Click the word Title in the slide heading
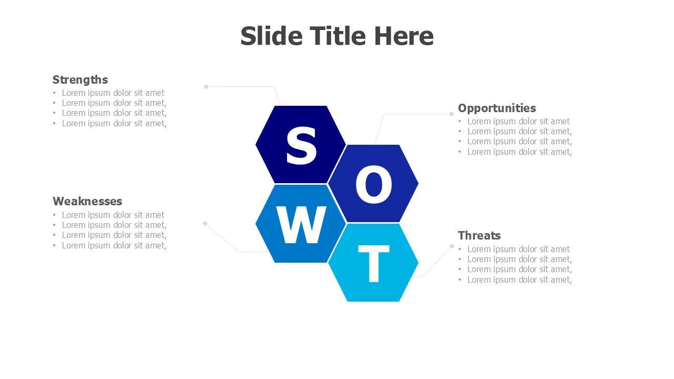point(338,36)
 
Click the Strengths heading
point(80,79)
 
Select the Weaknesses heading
point(87,201)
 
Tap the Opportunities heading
point(497,108)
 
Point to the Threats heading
point(479,235)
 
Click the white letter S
point(301,146)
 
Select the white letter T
point(373,264)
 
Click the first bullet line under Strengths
point(113,93)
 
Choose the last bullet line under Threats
point(519,280)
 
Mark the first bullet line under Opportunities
point(518,121)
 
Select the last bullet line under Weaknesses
point(114,245)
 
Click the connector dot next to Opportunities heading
point(451,114)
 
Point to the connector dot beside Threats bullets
point(452,246)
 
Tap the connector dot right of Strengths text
point(206,86)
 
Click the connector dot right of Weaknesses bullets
point(205,223)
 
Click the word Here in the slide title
point(404,36)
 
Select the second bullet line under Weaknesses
point(114,225)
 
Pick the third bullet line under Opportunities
point(519,141)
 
